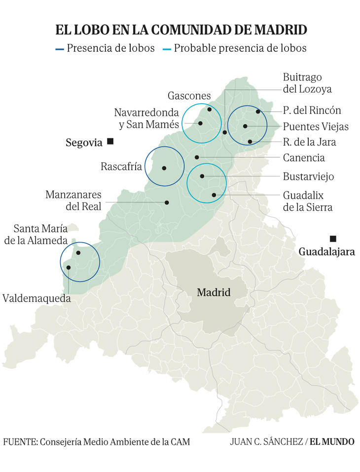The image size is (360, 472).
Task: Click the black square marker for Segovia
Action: point(110,142)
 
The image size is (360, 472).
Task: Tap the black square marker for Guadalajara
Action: point(333,239)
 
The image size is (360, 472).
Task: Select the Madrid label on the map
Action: point(214,292)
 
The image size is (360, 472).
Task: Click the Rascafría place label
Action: point(121,167)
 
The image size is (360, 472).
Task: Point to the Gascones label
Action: point(189,96)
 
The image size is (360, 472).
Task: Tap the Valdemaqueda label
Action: point(36,298)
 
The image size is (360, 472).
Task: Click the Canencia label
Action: point(304,158)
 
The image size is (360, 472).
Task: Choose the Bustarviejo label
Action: point(308,176)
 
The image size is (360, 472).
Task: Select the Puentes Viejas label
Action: point(316,127)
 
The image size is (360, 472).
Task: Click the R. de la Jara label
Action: point(310,142)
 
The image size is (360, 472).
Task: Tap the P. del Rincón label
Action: point(312,110)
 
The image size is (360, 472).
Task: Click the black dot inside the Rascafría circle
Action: point(164,168)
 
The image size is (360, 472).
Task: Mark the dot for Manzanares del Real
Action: point(167,202)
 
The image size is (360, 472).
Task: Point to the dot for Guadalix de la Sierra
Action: point(214,195)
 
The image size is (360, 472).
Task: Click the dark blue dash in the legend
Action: point(59,48)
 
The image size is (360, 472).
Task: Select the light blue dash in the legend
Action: point(167,48)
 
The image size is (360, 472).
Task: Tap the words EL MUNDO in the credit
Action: point(332,441)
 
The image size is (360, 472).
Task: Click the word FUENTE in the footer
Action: point(20,441)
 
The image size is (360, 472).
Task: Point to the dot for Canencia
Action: point(197,157)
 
